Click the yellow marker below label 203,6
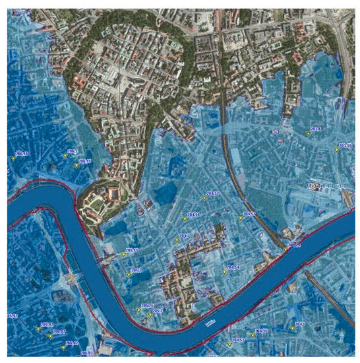(x=308, y=134)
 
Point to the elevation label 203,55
(x=345, y=145)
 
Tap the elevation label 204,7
(x=184, y=235)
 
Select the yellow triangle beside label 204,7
(x=177, y=240)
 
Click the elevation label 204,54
(x=232, y=267)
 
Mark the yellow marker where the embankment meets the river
(x=285, y=249)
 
